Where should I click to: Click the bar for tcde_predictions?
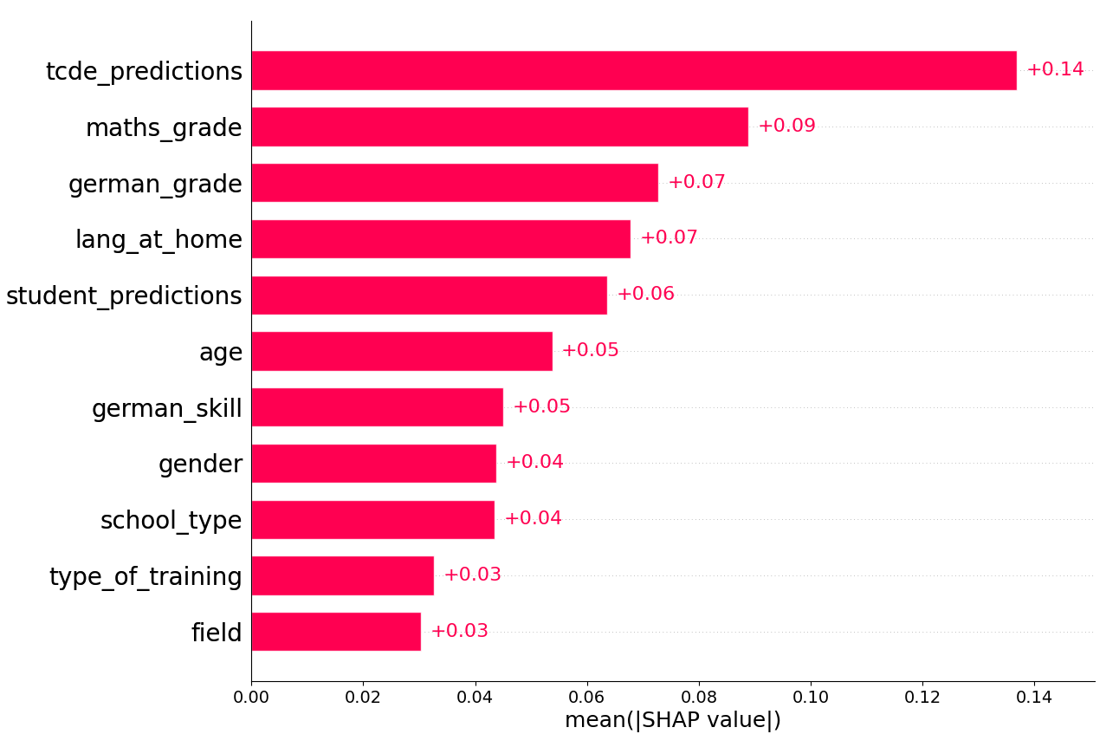(x=634, y=70)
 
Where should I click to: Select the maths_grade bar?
(x=500, y=127)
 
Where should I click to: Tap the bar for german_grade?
(x=455, y=183)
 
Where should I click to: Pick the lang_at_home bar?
(x=441, y=238)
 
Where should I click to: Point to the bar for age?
(x=402, y=351)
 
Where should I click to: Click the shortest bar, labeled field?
(x=336, y=632)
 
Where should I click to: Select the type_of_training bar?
(x=343, y=575)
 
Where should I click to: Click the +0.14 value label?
(x=1055, y=70)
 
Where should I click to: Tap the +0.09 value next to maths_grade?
(x=786, y=127)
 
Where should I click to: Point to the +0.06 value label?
(x=645, y=295)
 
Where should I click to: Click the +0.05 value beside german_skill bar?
(x=541, y=407)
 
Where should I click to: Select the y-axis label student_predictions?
(x=124, y=296)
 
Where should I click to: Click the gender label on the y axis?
(x=200, y=464)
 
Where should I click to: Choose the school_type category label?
(x=171, y=521)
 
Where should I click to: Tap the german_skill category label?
(x=167, y=408)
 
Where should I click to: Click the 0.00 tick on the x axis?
(x=251, y=697)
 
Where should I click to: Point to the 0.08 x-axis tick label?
(x=699, y=697)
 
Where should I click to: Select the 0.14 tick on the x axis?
(x=1034, y=697)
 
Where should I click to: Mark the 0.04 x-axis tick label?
(x=475, y=697)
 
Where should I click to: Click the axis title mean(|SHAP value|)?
(x=673, y=721)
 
